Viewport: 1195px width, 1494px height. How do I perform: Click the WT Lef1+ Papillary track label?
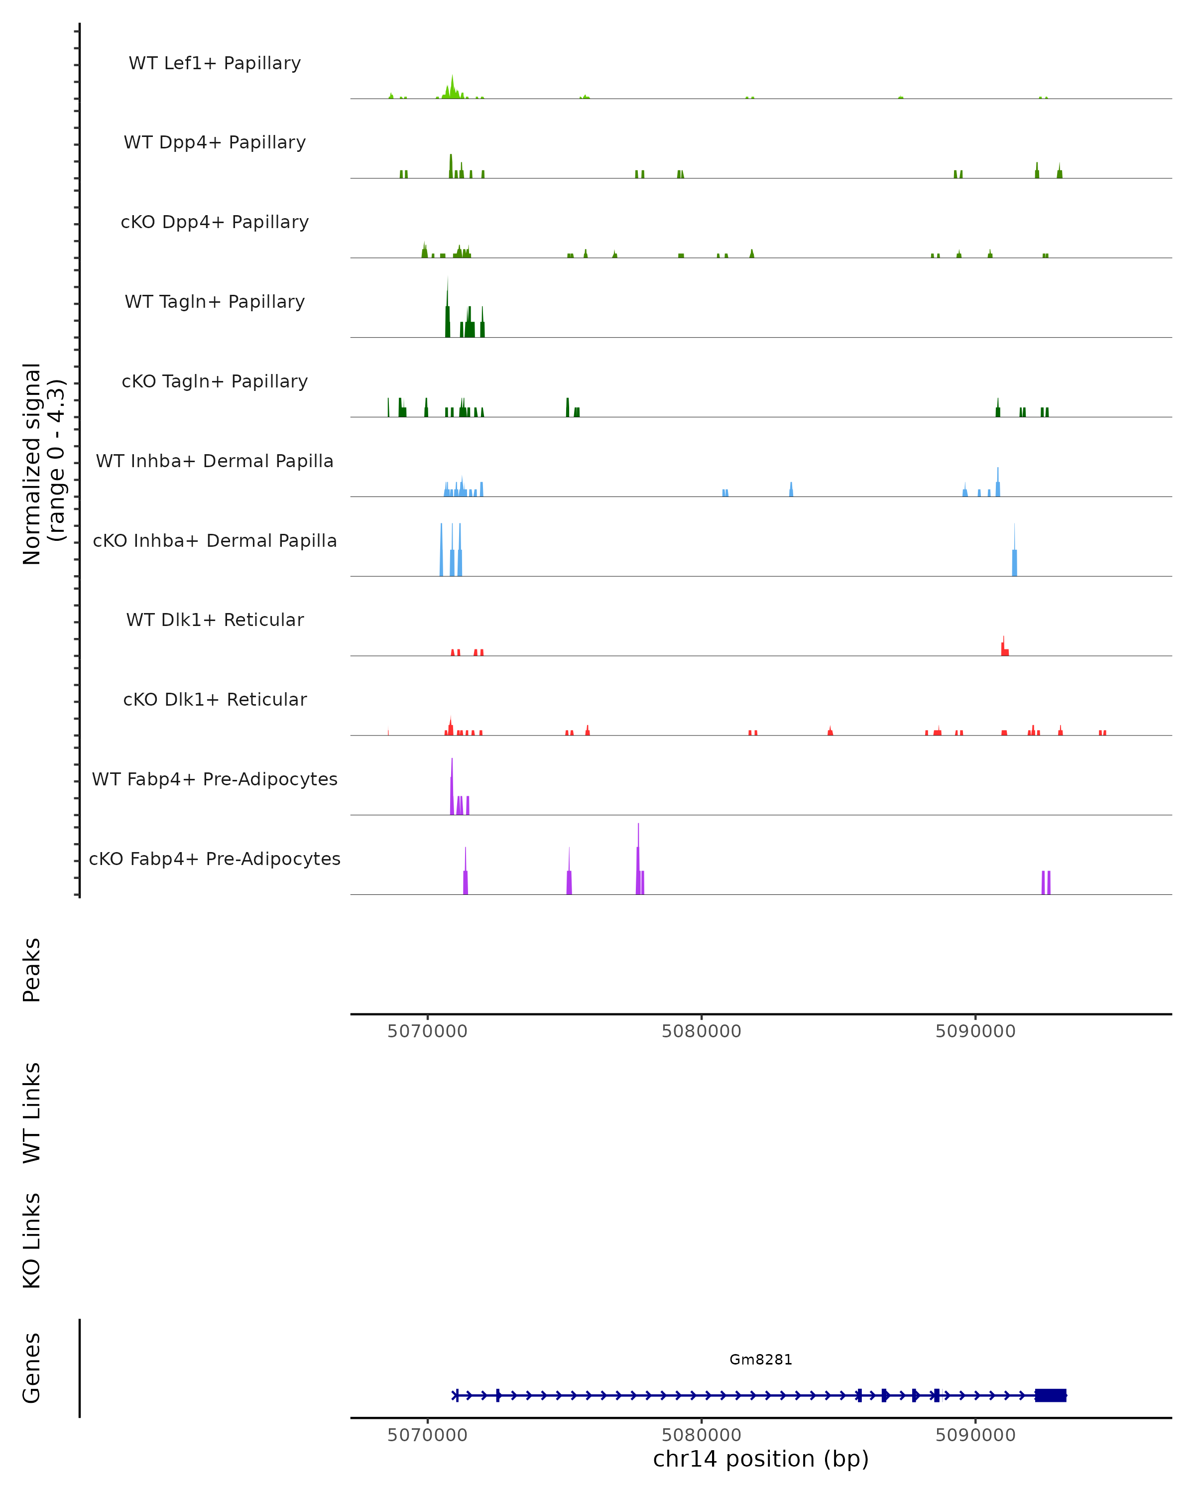[215, 63]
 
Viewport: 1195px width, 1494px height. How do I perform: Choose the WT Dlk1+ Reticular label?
[215, 620]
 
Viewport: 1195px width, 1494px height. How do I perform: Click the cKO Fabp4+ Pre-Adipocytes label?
[215, 859]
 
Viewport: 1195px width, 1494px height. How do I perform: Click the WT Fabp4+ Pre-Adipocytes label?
[215, 779]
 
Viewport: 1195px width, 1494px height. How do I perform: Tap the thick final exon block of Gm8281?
[1050, 1395]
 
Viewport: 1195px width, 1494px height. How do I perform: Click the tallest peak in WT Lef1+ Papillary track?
[453, 87]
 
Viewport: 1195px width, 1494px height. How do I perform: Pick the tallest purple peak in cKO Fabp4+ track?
[638, 859]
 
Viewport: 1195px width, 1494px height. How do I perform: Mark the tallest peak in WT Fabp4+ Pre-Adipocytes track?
[452, 786]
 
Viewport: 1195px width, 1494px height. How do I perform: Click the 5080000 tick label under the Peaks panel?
[701, 1031]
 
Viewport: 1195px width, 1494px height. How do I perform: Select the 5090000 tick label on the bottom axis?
[975, 1435]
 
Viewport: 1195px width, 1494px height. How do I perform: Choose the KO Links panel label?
[31, 1241]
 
